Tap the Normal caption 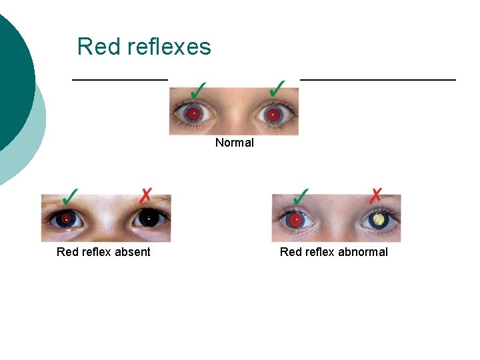(234, 143)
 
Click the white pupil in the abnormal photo (379, 219)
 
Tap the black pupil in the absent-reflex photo (148, 218)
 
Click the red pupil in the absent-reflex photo (66, 218)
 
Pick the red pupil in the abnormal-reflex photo (295, 219)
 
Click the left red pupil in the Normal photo (193, 114)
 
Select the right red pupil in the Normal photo (272, 115)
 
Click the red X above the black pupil (145, 195)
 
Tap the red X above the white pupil (376, 195)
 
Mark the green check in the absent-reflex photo (69, 196)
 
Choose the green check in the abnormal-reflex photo (301, 196)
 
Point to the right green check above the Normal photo (277, 89)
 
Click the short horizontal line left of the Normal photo (120, 79)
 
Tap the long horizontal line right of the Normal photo (378, 79)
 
